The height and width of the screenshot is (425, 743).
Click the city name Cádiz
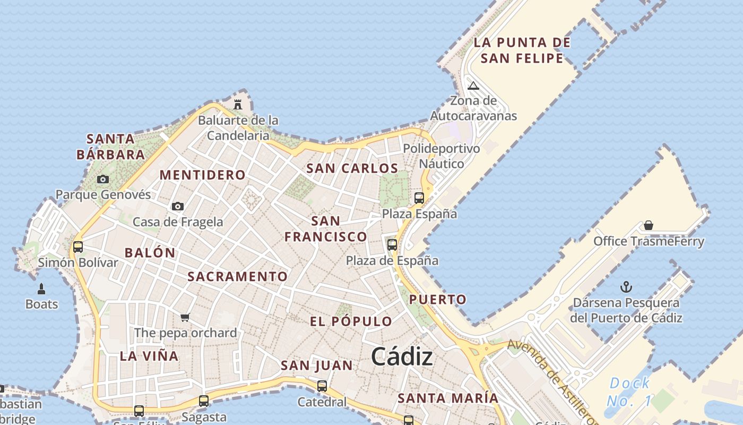[x=402, y=356]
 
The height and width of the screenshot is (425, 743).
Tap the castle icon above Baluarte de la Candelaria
[x=238, y=104]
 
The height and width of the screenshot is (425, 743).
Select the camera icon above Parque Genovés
[x=103, y=180]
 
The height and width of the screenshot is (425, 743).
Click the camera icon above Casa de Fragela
[x=178, y=206]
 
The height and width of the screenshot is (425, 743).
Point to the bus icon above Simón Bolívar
[x=78, y=246]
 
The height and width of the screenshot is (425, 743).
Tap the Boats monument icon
[x=41, y=290]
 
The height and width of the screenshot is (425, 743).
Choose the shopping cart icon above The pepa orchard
[x=185, y=318]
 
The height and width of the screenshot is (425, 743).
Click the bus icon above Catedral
[x=322, y=386]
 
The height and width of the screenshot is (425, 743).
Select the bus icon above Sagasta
[x=204, y=401]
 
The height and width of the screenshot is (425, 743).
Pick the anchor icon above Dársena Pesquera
[x=626, y=287]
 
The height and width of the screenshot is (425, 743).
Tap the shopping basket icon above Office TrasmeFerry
[x=648, y=226]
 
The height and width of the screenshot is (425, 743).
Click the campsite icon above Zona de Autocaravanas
[x=473, y=86]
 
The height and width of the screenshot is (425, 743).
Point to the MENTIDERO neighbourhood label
[x=203, y=175]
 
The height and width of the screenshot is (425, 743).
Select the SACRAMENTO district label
[x=237, y=276]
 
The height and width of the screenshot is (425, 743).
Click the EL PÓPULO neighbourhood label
[x=351, y=321]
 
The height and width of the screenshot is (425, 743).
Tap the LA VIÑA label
[x=149, y=356]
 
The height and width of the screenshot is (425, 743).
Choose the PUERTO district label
[x=438, y=299]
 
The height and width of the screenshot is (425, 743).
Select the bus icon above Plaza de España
[x=392, y=245]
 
